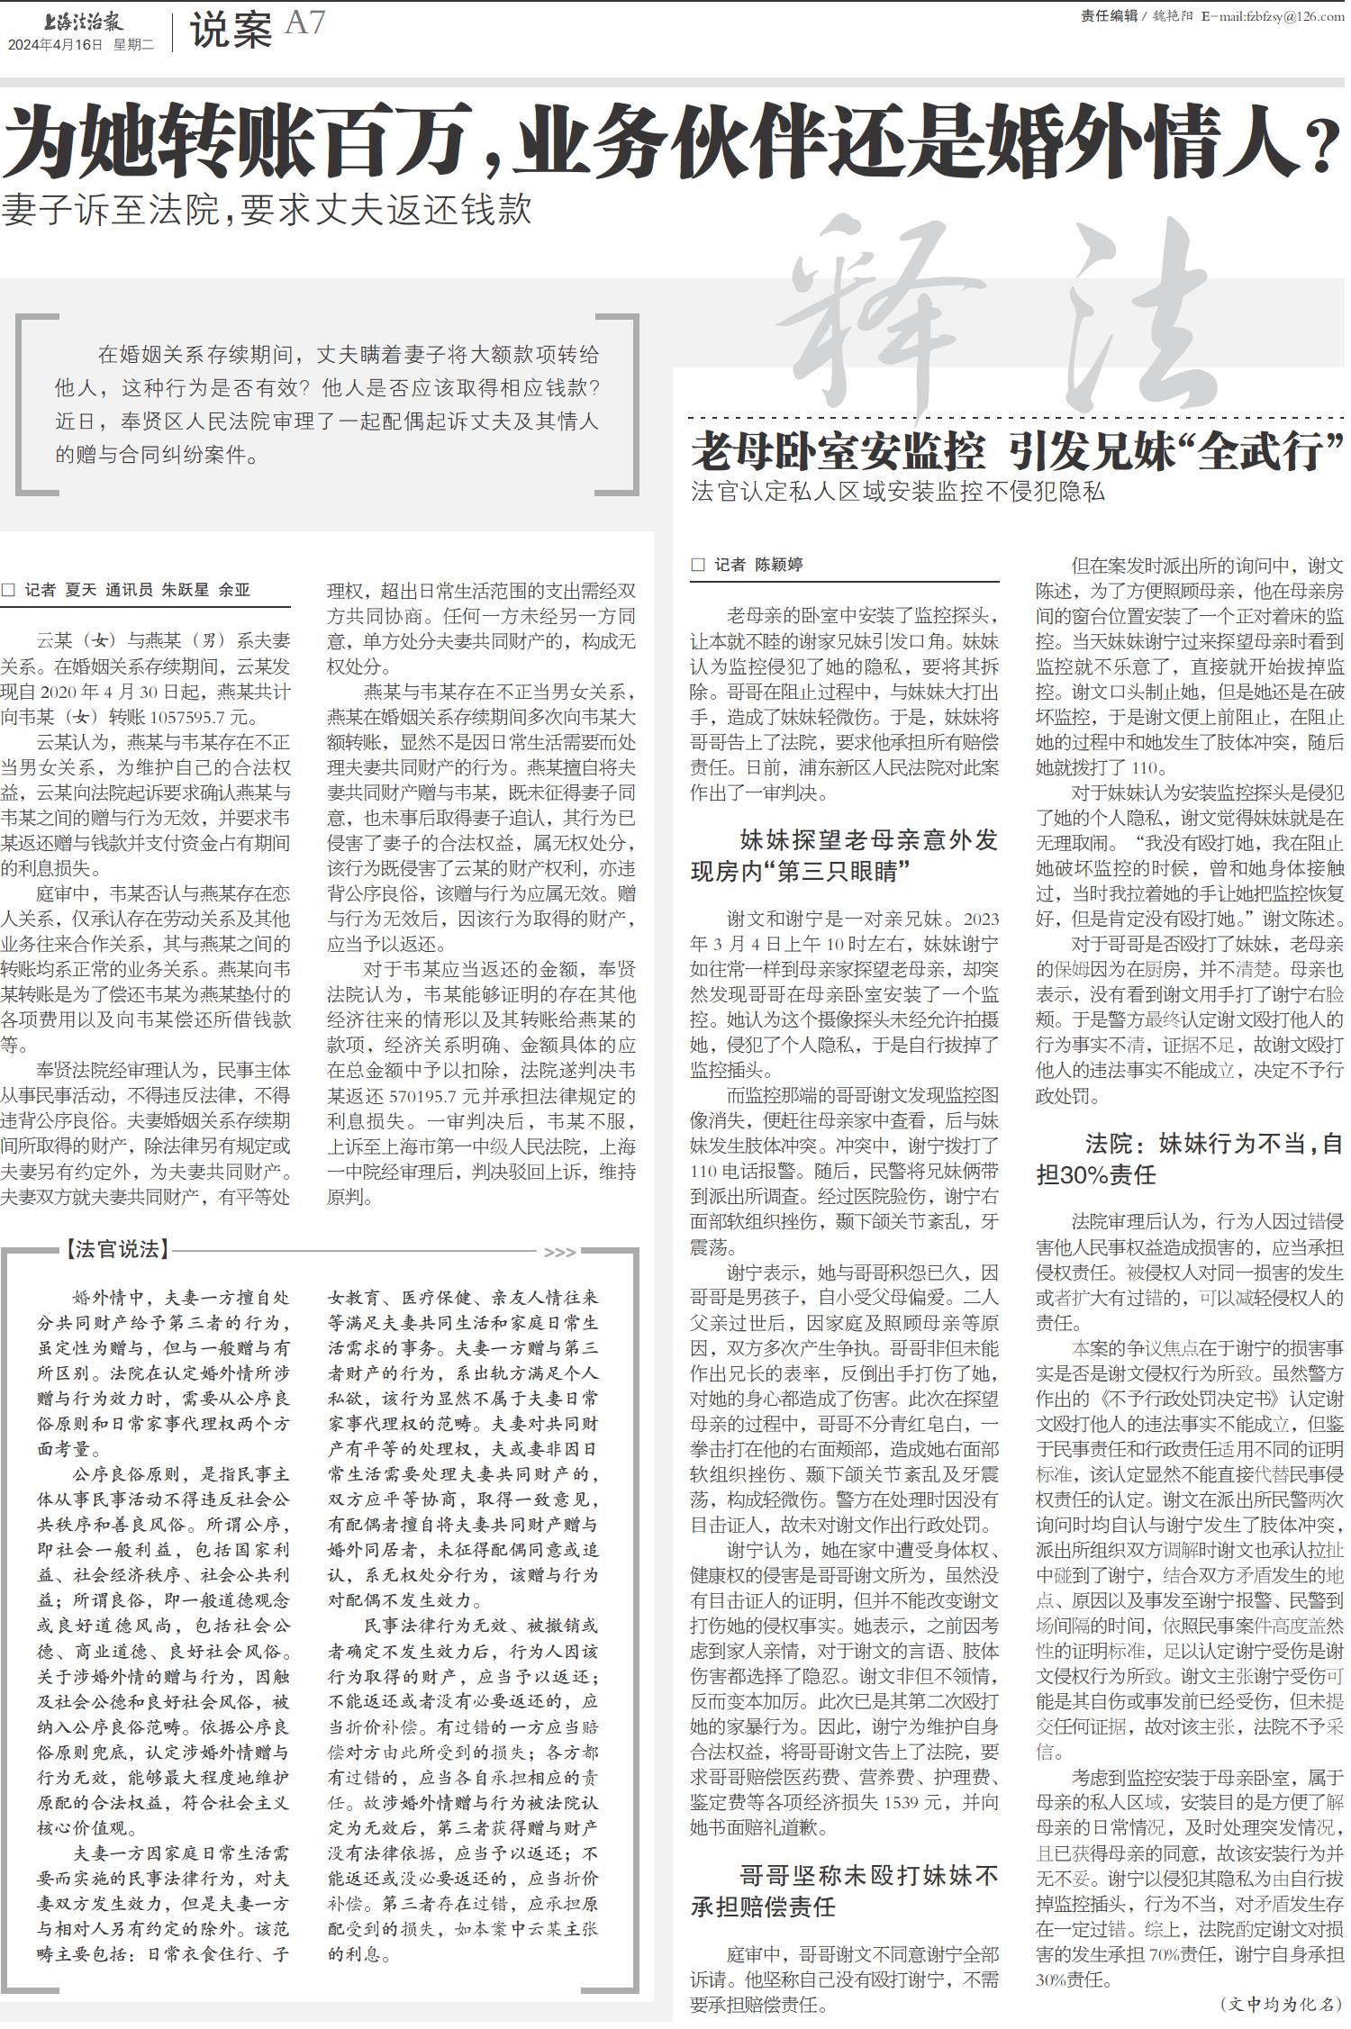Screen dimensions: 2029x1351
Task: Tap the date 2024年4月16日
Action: [55, 44]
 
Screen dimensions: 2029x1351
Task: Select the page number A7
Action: [304, 23]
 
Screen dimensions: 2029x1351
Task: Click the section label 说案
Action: [231, 32]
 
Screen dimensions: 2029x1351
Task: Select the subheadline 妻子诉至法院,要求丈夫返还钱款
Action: [267, 210]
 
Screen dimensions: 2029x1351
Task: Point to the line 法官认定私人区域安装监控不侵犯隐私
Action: [897, 492]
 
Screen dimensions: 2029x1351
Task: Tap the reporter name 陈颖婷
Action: [778, 565]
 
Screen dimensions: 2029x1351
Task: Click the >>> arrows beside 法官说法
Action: [559, 1252]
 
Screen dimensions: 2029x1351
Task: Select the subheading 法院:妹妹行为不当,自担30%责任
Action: [1189, 1159]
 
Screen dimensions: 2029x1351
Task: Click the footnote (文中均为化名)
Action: [1281, 2004]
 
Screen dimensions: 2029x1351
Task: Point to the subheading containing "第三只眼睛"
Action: [845, 856]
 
